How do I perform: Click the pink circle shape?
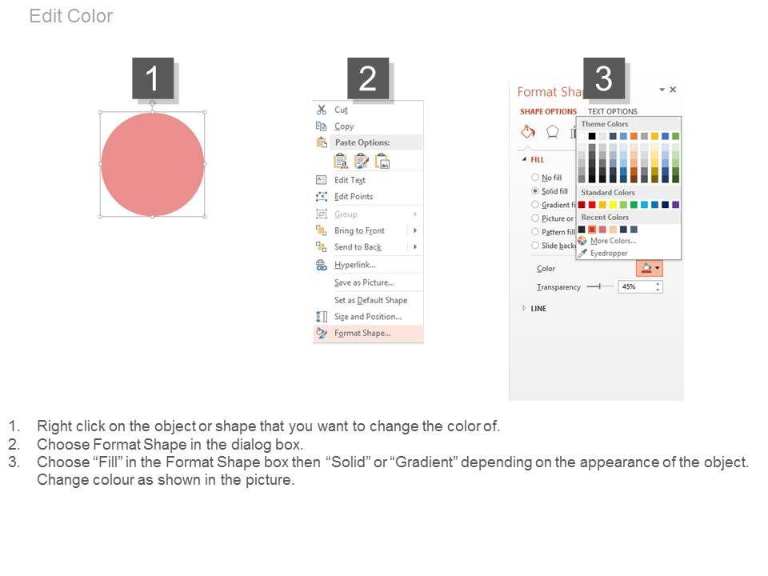point(152,164)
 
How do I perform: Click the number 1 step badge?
point(153,78)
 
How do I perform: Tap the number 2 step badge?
point(368,78)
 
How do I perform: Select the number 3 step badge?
point(604,78)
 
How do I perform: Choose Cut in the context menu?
point(341,110)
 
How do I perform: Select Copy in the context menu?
point(344,126)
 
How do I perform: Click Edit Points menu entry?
point(354,197)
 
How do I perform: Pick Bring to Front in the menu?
point(359,230)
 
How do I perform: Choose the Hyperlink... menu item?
point(355,265)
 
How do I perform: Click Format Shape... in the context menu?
point(362,333)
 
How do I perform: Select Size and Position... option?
point(368,317)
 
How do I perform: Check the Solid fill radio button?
point(535,191)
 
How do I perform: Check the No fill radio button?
point(535,178)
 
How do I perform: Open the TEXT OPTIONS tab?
point(613,112)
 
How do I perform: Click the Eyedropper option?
point(609,254)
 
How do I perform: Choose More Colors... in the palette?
point(614,241)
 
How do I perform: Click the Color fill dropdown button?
point(650,268)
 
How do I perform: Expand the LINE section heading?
point(538,309)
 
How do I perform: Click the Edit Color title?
point(71,16)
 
